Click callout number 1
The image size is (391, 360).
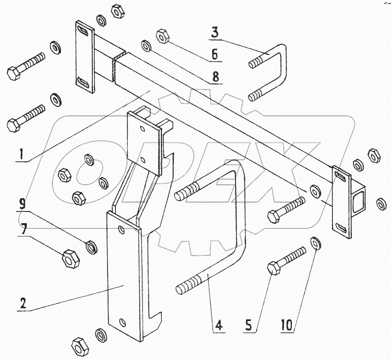21,155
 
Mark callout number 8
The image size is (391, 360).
216,77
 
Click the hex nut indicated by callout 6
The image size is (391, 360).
162,36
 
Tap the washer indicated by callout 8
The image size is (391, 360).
146,46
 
